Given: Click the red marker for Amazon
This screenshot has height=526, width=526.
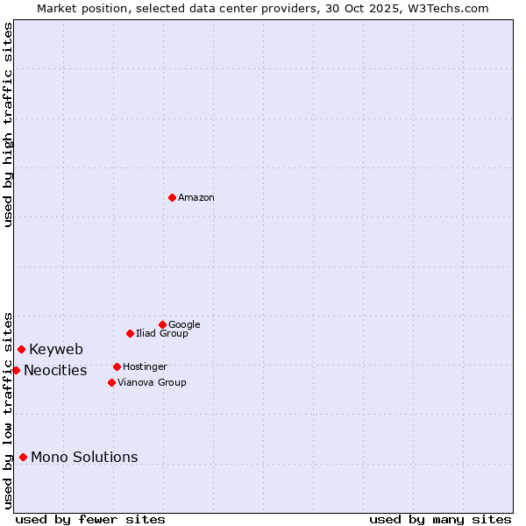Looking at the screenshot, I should pyautogui.click(x=172, y=197).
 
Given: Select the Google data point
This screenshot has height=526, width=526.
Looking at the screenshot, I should pyautogui.click(x=162, y=324).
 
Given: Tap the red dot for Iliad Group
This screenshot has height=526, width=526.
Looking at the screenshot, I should pyautogui.click(x=130, y=333).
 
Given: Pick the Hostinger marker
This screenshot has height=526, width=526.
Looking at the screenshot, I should pyautogui.click(x=117, y=366).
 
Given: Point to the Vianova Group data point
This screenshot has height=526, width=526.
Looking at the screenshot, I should pyautogui.click(x=111, y=382).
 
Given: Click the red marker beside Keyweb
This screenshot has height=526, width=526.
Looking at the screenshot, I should pyautogui.click(x=21, y=349).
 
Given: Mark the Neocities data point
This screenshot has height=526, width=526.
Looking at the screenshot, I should pyautogui.click(x=16, y=370).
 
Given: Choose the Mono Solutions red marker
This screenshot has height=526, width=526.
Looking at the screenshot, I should pyautogui.click(x=23, y=457).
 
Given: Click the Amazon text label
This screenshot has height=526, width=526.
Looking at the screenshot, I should pyautogui.click(x=196, y=198).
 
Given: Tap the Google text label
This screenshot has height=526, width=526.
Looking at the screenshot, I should pyautogui.click(x=184, y=325).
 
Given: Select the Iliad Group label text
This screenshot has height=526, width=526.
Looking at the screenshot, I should pyautogui.click(x=162, y=334).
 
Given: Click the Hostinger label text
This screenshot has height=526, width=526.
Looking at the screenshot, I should pyautogui.click(x=145, y=367).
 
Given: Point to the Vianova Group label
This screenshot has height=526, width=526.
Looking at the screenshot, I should pyautogui.click(x=152, y=383).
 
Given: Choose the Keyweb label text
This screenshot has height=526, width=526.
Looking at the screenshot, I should pyautogui.click(x=56, y=350).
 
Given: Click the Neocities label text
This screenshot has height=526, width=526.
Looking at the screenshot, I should pyautogui.click(x=55, y=371).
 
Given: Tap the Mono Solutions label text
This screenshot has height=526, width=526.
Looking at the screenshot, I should pyautogui.click(x=84, y=458).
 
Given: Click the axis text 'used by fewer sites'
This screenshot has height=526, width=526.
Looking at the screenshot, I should pyautogui.click(x=90, y=519).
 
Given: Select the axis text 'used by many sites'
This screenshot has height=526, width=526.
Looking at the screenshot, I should pyautogui.click(x=440, y=519).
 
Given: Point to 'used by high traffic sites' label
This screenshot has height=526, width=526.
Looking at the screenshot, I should pyautogui.click(x=8, y=124).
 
